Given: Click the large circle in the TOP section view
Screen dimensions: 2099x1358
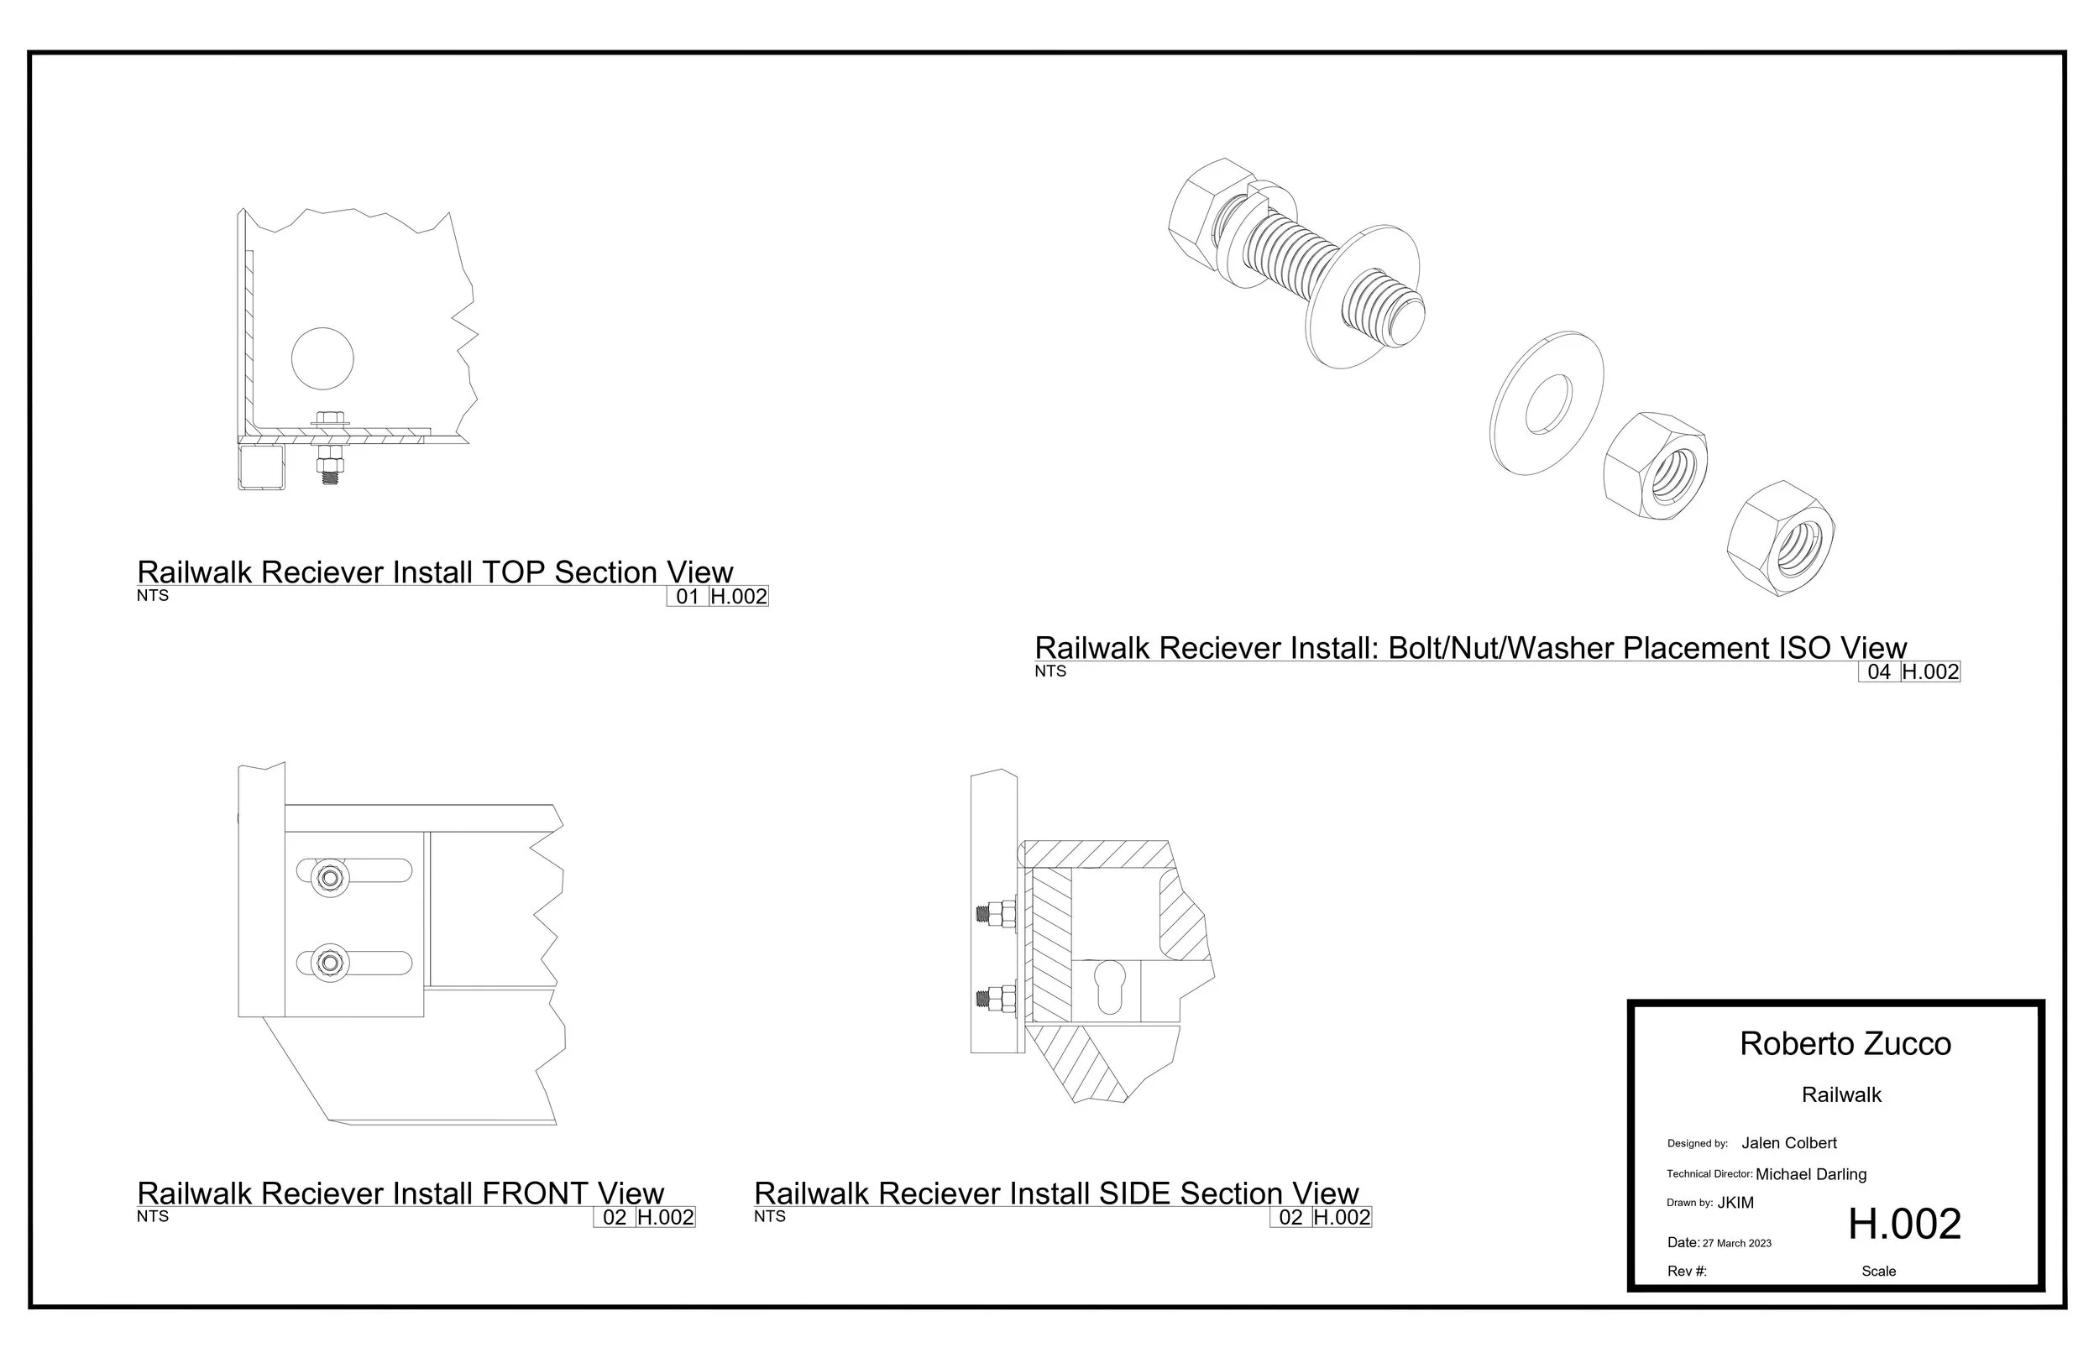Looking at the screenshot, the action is tap(322, 358).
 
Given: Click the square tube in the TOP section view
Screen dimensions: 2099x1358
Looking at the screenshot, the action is tap(262, 467).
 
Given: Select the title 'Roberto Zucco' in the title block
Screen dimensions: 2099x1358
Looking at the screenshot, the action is tap(1845, 1044).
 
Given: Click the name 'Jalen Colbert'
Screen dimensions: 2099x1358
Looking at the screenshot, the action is tap(1788, 1143).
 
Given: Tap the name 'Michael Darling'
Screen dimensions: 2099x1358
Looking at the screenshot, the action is tap(1811, 1173).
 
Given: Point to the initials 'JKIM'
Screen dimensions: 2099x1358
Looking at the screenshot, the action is tap(1735, 1203).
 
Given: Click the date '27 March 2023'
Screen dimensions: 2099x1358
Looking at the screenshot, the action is tap(1736, 1243).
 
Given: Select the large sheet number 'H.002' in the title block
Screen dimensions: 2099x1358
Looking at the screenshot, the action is tap(1904, 1224).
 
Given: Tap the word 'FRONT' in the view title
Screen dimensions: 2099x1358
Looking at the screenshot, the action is tap(536, 1193).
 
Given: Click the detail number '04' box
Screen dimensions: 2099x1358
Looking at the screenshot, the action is tap(1878, 672).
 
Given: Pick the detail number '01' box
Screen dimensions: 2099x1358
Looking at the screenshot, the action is tap(687, 596).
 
